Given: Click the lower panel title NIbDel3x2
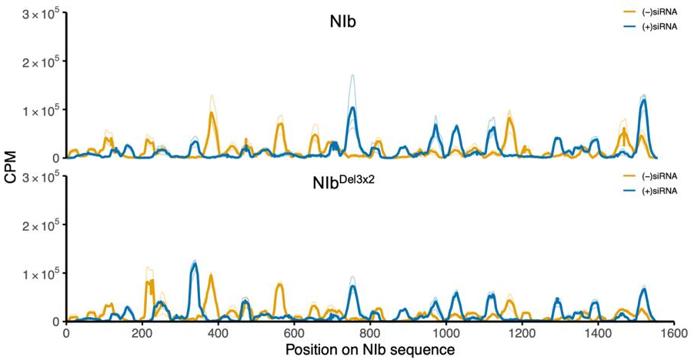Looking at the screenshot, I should click(343, 185).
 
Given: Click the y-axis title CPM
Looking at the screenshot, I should click(10, 168).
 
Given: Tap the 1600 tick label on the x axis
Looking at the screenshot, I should click(672, 333).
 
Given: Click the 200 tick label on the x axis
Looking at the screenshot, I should click(142, 333).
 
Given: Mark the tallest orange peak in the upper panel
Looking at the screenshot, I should click(211, 113).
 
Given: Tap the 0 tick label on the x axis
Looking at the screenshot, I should click(67, 333).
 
